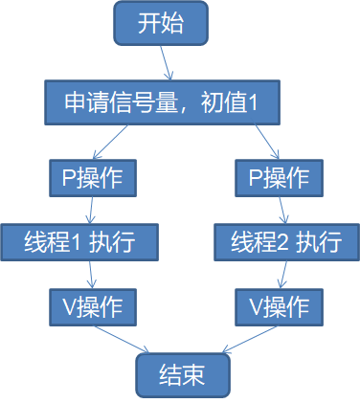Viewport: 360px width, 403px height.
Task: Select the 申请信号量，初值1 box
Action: tap(160, 103)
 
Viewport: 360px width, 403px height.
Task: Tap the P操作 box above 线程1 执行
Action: tap(93, 177)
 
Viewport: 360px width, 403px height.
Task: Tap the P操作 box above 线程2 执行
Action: tap(278, 177)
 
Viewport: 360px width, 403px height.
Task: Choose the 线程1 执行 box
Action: tap(79, 242)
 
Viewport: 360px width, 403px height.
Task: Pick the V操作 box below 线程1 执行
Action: tap(93, 306)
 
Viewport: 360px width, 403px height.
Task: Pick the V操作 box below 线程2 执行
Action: tap(278, 306)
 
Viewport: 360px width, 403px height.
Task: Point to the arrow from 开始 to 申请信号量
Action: tap(165, 63)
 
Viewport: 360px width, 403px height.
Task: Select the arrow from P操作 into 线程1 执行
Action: tap(91, 210)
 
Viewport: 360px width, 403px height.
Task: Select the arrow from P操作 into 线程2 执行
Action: tap(280, 210)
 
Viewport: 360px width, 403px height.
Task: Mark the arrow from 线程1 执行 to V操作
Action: tap(90, 275)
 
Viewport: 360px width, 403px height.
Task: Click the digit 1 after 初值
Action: tap(254, 103)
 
